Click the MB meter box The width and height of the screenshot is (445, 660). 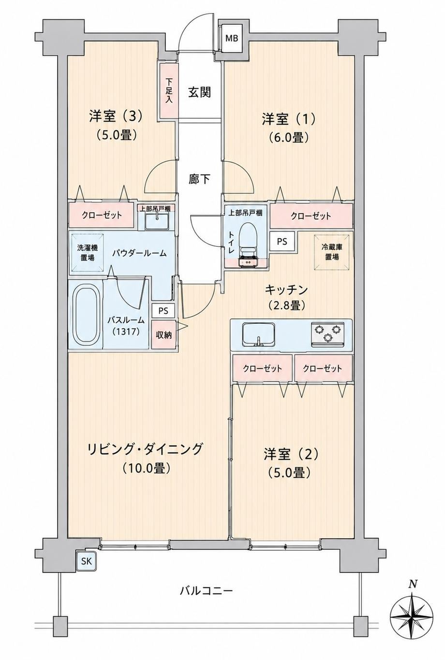[232, 39]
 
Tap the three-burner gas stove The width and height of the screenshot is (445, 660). [327, 334]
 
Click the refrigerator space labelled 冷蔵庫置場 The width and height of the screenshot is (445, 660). [332, 252]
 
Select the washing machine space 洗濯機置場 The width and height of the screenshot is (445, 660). [87, 253]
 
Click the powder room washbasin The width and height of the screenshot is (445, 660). [157, 221]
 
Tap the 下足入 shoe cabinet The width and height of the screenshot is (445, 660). [169, 90]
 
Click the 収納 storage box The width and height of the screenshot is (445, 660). [163, 335]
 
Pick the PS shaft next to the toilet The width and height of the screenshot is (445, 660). [282, 241]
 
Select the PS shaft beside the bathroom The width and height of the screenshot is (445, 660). [163, 311]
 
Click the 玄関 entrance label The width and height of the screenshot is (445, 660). [200, 92]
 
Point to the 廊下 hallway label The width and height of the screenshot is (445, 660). [200, 179]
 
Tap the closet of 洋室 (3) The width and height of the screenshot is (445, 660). [102, 215]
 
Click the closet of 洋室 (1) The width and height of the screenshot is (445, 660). [311, 216]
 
